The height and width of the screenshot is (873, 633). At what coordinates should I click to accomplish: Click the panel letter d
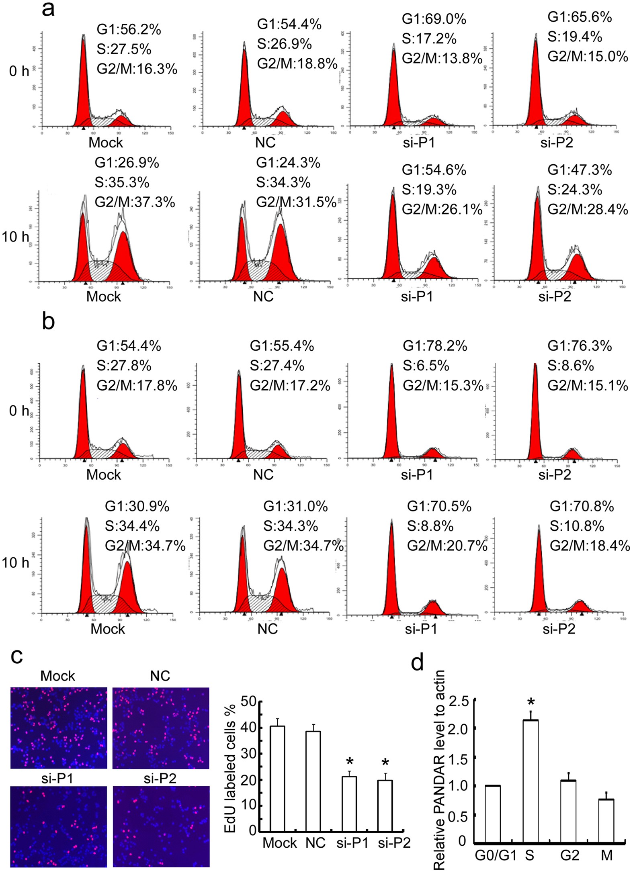click(418, 662)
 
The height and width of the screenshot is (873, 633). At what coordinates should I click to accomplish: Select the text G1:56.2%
click(129, 30)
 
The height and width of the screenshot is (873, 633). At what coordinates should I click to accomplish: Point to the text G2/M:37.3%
click(135, 202)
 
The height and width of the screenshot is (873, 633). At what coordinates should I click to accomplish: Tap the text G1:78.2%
click(435, 346)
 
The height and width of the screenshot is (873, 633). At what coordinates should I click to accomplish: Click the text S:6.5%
click(426, 366)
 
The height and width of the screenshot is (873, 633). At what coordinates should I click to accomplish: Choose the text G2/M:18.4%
click(590, 546)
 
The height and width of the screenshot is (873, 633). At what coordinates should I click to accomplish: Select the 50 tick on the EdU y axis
click(248, 701)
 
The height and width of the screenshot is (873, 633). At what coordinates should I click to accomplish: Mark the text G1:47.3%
click(580, 170)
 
